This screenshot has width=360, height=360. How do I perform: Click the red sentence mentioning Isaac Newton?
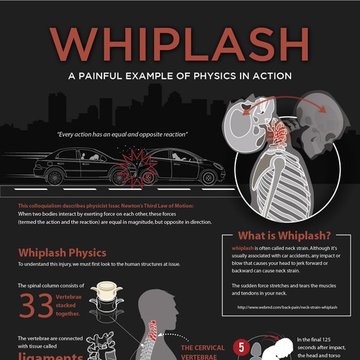coord(105,206)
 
